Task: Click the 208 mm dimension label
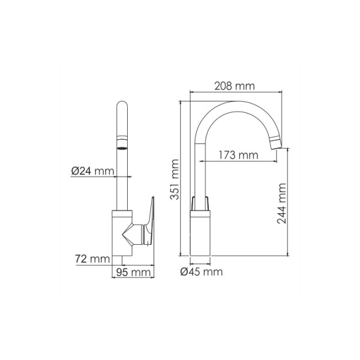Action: pos(235,86)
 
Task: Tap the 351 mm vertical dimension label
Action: pos(174,179)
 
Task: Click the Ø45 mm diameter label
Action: pos(202,272)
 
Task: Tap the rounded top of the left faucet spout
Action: pos(122,108)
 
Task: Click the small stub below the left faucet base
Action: pos(122,259)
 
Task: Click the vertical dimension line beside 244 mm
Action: pos(289,204)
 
